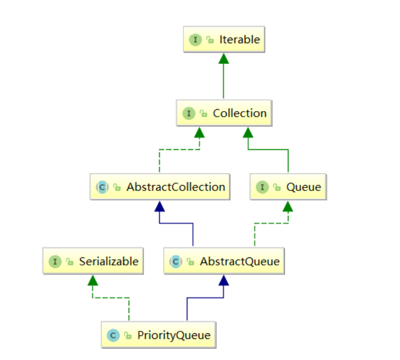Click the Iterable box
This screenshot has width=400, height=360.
click(x=224, y=40)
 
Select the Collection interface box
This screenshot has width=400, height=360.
click(x=224, y=113)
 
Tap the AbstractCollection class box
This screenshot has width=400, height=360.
click(x=160, y=187)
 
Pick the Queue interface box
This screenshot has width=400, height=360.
click(x=288, y=187)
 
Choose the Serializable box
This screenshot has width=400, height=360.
click(x=92, y=261)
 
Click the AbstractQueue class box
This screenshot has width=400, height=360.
click(x=224, y=261)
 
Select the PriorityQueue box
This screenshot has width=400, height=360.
click(x=159, y=335)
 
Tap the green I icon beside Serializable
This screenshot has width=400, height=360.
click(x=55, y=261)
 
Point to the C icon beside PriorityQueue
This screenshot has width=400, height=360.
click(x=114, y=335)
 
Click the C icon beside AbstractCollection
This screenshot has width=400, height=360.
click(x=102, y=187)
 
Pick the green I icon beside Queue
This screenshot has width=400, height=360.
click(x=262, y=187)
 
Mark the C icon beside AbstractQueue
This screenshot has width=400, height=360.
click(x=175, y=261)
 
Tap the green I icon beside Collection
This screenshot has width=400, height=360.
click(x=188, y=113)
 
